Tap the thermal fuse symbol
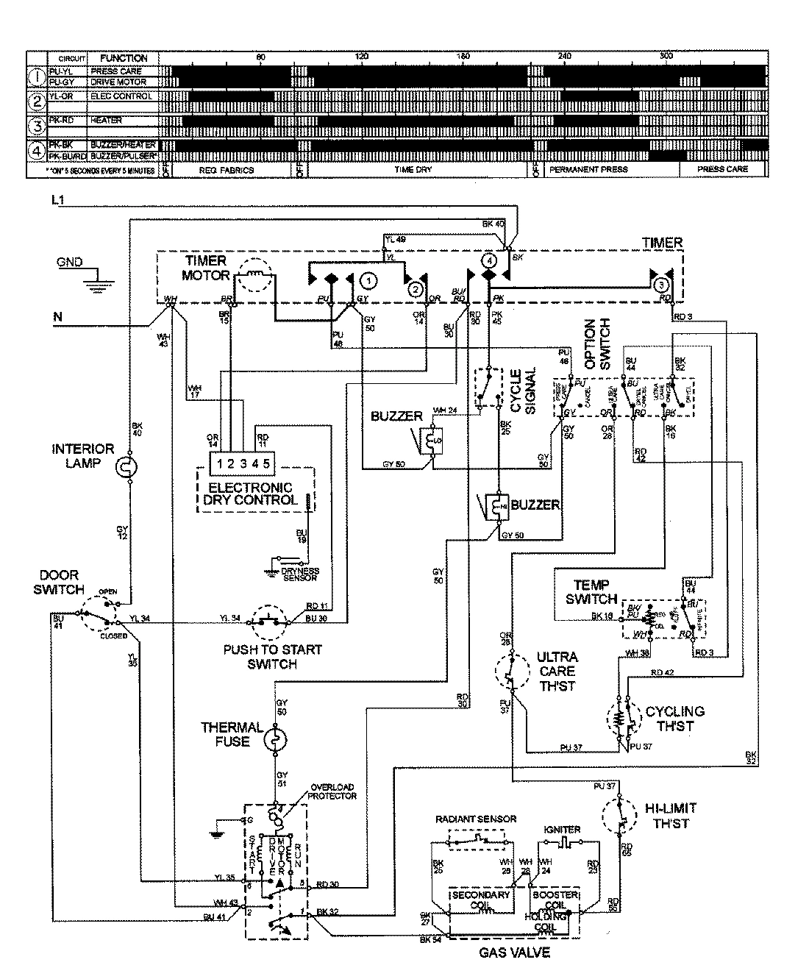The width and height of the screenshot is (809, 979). tap(274, 738)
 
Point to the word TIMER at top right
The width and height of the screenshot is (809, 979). tap(662, 243)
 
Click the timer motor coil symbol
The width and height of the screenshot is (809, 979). tap(253, 276)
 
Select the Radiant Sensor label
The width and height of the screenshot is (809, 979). tap(476, 819)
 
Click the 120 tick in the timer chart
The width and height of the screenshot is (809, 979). tap(361, 57)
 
